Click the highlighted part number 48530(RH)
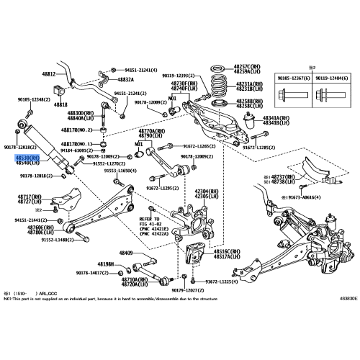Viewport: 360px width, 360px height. [x=30, y=157]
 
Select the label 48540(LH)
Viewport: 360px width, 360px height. [x=30, y=163]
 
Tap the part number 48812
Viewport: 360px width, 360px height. [x=49, y=74]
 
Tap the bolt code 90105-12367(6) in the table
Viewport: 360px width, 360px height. [x=292, y=76]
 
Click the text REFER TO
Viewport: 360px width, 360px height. [x=150, y=218]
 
